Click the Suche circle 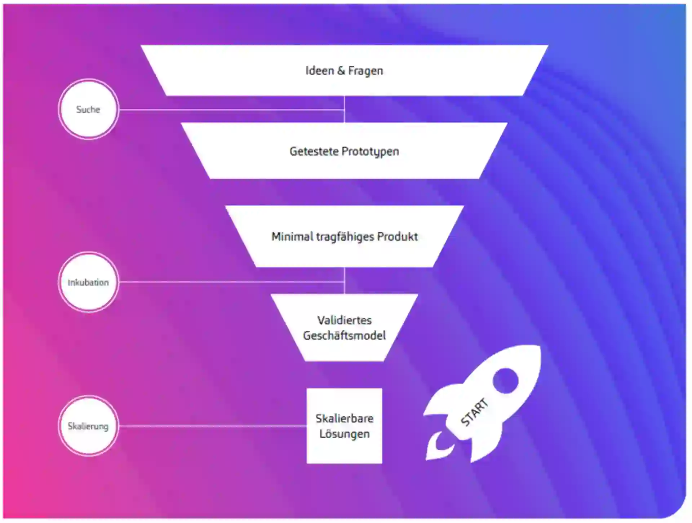point(88,109)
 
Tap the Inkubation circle point(88,282)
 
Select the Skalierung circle point(88,426)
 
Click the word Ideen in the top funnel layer point(320,71)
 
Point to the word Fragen point(365,71)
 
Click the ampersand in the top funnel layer point(341,71)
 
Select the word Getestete point(314,151)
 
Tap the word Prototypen point(370,152)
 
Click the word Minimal point(292,237)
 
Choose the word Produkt point(397,237)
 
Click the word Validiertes point(344,320)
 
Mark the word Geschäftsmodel point(344,336)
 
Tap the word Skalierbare point(344,418)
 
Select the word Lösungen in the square point(344,434)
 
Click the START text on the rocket point(474,412)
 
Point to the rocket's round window point(505,381)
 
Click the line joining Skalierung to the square point(213,426)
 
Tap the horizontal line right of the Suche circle point(231,110)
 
